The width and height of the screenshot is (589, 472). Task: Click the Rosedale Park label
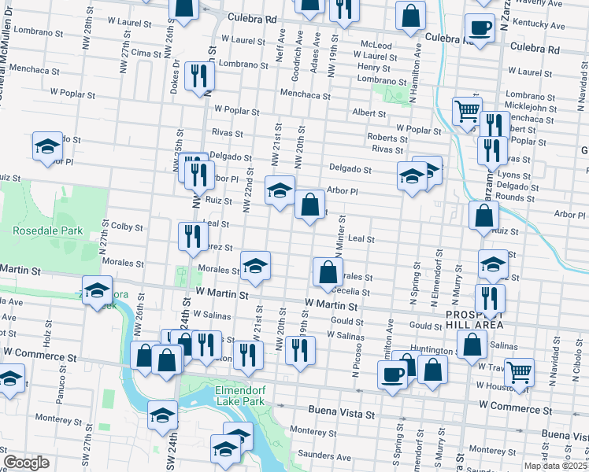pyautogui.click(x=47, y=231)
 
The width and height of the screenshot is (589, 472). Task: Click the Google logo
pyautogui.click(x=26, y=463)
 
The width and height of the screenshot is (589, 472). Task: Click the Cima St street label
pyautogui.click(x=146, y=52)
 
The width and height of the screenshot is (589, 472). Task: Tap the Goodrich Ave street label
pyautogui.click(x=298, y=47)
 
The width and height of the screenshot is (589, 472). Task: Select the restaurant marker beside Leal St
pyautogui.click(x=192, y=235)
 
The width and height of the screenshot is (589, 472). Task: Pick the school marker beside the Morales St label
pyautogui.click(x=254, y=267)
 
